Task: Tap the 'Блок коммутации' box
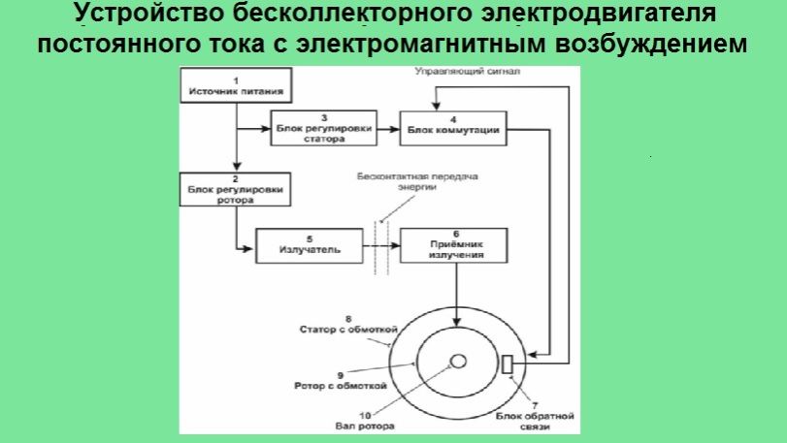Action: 453,128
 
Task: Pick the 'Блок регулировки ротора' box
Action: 235,190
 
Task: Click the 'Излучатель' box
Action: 310,244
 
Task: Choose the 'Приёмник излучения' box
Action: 455,244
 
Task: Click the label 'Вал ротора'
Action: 351,424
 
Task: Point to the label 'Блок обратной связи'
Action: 536,421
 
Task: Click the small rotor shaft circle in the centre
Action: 457,362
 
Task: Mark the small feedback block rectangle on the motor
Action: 506,364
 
